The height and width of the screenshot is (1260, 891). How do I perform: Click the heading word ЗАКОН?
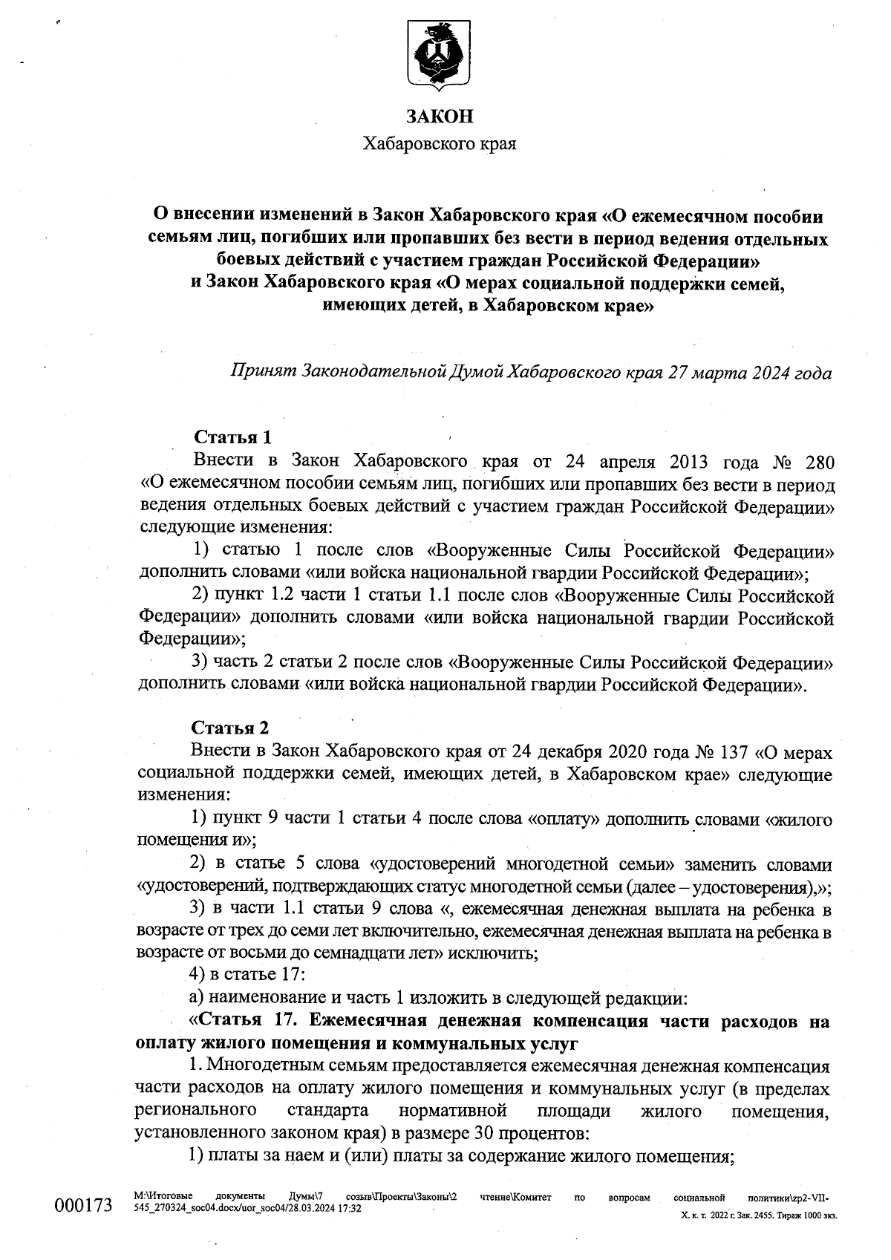point(439,117)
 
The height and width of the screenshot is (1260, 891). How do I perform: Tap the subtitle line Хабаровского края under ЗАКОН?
point(439,143)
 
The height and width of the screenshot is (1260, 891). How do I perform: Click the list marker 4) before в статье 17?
point(200,974)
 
